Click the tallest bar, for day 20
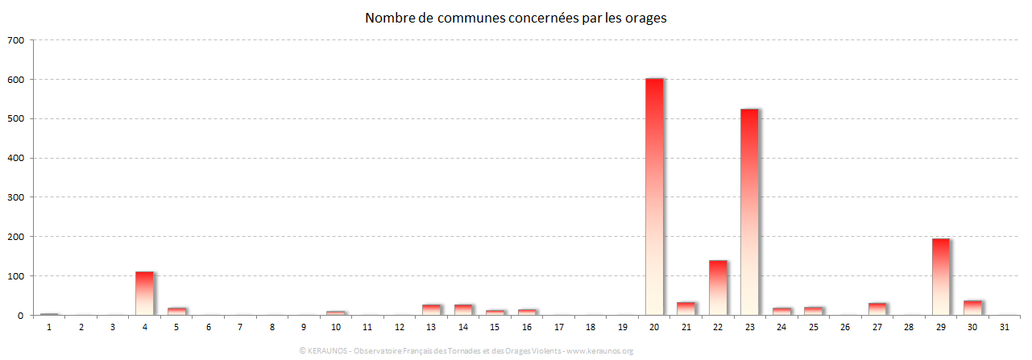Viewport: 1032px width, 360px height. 654,197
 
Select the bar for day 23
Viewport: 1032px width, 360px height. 749,212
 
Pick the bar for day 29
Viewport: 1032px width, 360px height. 941,276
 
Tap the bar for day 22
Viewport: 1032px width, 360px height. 718,288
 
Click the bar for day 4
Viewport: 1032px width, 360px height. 144,293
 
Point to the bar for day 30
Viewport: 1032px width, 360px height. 972,308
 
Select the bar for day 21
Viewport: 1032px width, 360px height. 686,308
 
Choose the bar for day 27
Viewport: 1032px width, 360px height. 877,309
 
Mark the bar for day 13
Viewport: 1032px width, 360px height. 431,310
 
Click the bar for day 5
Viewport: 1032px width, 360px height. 176,312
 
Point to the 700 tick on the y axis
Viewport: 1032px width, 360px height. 16,40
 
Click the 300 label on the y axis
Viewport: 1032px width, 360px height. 16,197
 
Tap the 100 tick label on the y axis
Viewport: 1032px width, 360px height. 16,276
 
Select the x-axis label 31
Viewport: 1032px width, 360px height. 1005,327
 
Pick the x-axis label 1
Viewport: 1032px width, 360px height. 49,327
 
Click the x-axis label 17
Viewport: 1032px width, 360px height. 559,327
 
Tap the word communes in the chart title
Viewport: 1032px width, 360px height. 466,18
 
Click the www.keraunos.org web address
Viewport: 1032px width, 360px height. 600,351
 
